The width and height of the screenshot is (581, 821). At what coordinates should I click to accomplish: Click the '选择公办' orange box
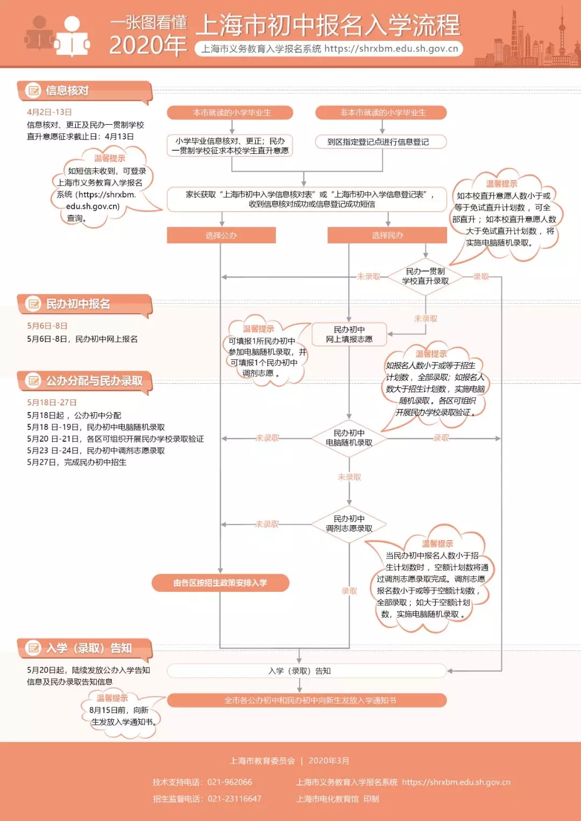(x=221, y=235)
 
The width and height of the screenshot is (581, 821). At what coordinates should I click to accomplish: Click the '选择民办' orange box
(x=387, y=235)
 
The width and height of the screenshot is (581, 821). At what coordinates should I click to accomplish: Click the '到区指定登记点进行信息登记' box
(x=381, y=142)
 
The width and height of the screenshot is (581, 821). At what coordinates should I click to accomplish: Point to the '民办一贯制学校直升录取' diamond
(x=425, y=277)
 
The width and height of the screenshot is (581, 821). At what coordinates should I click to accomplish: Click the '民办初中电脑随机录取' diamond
(x=349, y=438)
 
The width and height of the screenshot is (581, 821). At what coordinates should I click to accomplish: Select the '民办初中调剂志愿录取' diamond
(x=349, y=524)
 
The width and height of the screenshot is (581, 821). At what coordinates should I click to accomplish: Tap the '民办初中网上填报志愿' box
(x=349, y=334)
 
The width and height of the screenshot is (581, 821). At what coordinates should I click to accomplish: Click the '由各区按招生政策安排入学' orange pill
(x=221, y=583)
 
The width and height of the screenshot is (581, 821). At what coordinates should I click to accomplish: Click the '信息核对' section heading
(x=67, y=91)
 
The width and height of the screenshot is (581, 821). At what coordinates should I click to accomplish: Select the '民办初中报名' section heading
(x=78, y=305)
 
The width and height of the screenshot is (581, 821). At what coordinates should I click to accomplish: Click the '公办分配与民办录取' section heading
(x=94, y=381)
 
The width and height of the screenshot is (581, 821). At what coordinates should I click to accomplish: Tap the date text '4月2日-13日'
(x=49, y=112)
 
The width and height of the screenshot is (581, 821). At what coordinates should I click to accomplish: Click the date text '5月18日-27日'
(x=52, y=402)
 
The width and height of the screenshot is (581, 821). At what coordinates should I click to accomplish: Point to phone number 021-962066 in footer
(x=230, y=782)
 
